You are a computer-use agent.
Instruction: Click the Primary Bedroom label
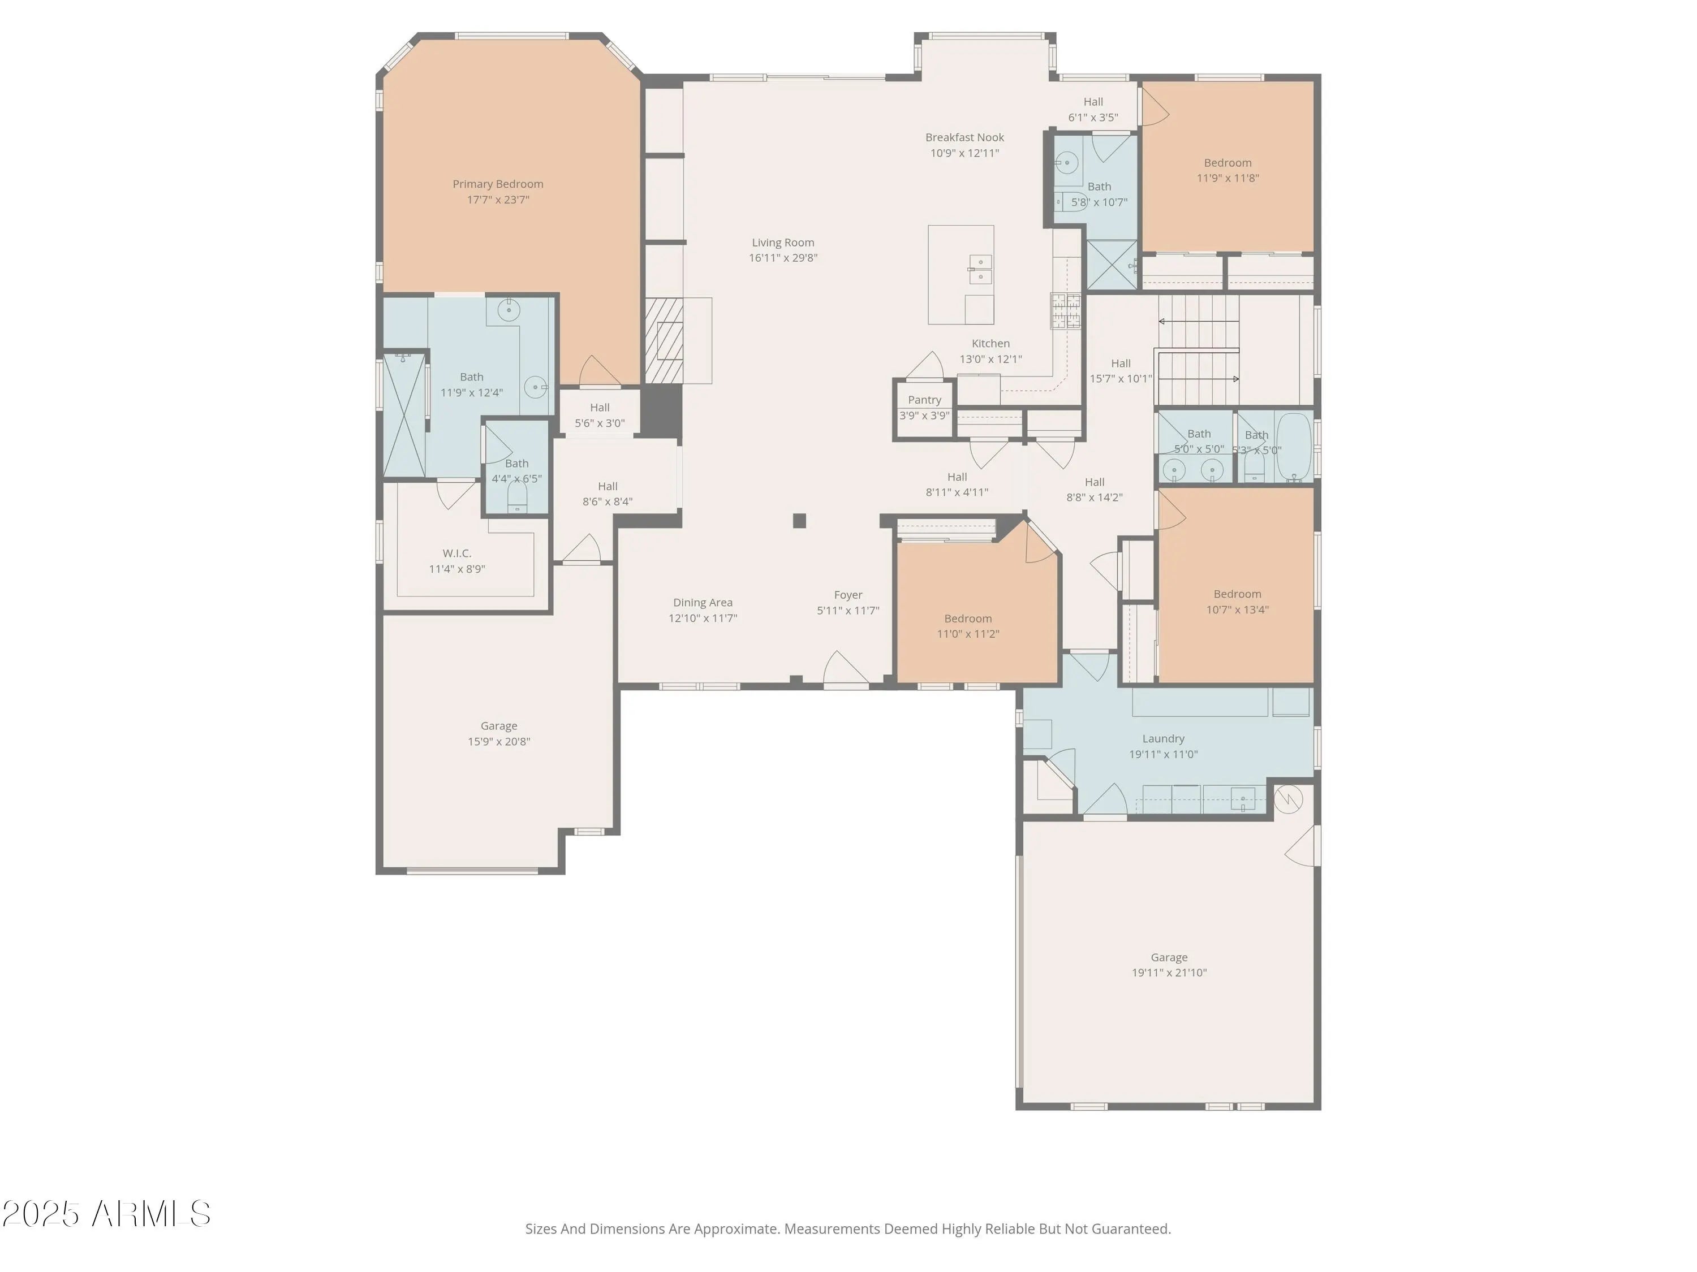(498, 184)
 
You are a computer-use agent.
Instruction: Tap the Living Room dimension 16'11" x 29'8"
(783, 258)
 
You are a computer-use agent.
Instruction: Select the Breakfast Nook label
(964, 137)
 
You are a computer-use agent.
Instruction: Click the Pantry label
(924, 400)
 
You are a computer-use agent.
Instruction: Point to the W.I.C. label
(456, 553)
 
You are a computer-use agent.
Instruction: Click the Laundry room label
(1163, 739)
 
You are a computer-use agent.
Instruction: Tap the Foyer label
(848, 595)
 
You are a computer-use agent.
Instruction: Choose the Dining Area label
(703, 603)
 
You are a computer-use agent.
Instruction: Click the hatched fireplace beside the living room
(664, 340)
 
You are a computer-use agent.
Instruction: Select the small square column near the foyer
(799, 521)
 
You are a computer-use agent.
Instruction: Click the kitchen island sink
(980, 269)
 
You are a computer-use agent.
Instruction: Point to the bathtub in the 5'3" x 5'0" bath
(1294, 447)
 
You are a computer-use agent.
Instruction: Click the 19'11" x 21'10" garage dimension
(1169, 973)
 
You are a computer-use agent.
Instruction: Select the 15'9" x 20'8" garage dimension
(499, 741)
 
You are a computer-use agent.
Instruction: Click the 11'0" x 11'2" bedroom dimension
(968, 634)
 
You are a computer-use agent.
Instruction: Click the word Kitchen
(990, 344)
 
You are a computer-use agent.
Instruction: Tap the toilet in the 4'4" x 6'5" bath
(518, 497)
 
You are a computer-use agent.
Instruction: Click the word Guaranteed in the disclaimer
(1131, 1229)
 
